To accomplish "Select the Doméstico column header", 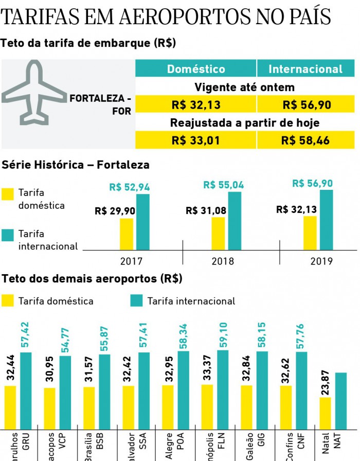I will point(196,69).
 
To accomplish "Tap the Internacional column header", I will point(305,69).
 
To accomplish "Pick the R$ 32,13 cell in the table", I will point(196,105).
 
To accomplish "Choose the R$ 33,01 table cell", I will point(196,140).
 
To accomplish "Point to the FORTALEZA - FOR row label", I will point(101,104).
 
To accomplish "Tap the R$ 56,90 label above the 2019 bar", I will point(312,183).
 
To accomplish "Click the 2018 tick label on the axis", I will point(223,261).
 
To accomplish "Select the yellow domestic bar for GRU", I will point(11,406).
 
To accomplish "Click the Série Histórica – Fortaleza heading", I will point(76,165).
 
